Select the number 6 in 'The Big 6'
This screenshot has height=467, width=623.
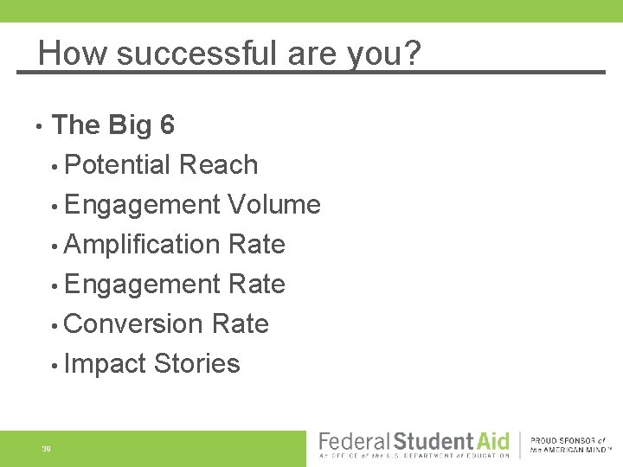point(167,125)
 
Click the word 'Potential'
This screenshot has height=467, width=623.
point(118,164)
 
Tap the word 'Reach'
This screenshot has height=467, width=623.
point(219,164)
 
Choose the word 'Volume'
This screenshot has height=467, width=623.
point(274,205)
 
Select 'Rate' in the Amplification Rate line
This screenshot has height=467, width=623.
point(257,245)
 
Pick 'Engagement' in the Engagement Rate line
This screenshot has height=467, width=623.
point(142,285)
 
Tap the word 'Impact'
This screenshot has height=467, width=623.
point(105,364)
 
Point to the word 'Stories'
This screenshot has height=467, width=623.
point(196,364)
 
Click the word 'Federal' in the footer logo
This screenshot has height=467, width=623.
point(354,442)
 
